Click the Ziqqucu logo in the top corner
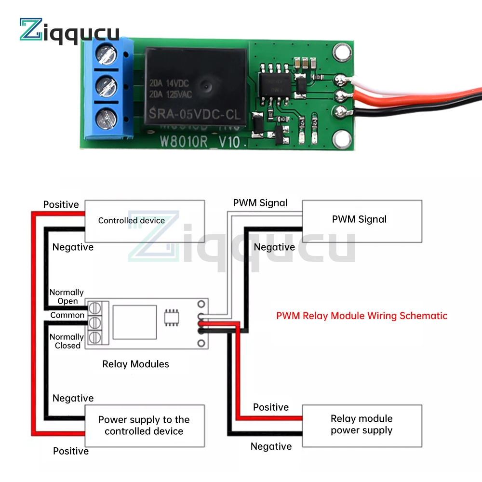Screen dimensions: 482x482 coord(68,30)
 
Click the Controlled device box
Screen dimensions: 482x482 coord(145,221)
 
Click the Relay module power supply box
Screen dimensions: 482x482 coord(361,425)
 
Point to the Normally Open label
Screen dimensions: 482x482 coord(67,296)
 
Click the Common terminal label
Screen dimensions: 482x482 coord(67,315)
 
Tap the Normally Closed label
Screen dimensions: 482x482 coord(67,341)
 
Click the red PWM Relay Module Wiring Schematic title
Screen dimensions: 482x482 coord(361,316)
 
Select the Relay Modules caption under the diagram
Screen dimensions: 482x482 coord(135,364)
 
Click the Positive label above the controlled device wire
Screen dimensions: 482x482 coord(61,204)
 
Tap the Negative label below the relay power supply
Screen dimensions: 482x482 coord(271,446)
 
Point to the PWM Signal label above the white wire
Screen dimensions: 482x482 coord(260,203)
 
